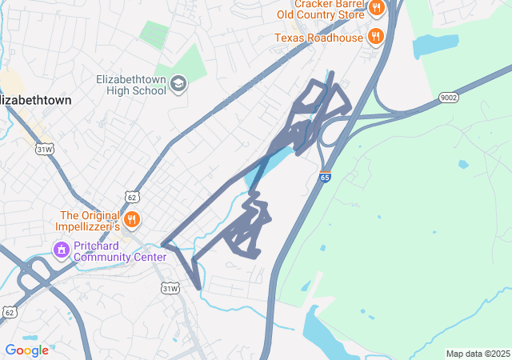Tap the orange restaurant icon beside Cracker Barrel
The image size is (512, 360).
pyautogui.click(x=376, y=9)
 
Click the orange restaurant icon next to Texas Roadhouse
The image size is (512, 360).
pyautogui.click(x=374, y=36)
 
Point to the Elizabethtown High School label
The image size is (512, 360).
pyautogui.click(x=130, y=85)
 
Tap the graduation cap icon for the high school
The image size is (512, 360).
pyautogui.click(x=178, y=83)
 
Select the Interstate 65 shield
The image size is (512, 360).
pyautogui.click(x=324, y=177)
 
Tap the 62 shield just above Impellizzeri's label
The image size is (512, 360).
pyautogui.click(x=131, y=197)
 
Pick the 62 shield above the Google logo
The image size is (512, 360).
pyautogui.click(x=9, y=311)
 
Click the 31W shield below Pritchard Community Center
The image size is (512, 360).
pyautogui.click(x=170, y=288)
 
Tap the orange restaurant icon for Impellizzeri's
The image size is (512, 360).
pyautogui.click(x=132, y=218)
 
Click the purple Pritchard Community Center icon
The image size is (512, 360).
pyautogui.click(x=61, y=250)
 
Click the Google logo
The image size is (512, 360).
pyautogui.click(x=26, y=350)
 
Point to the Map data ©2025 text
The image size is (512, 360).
pyautogui.click(x=478, y=354)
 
